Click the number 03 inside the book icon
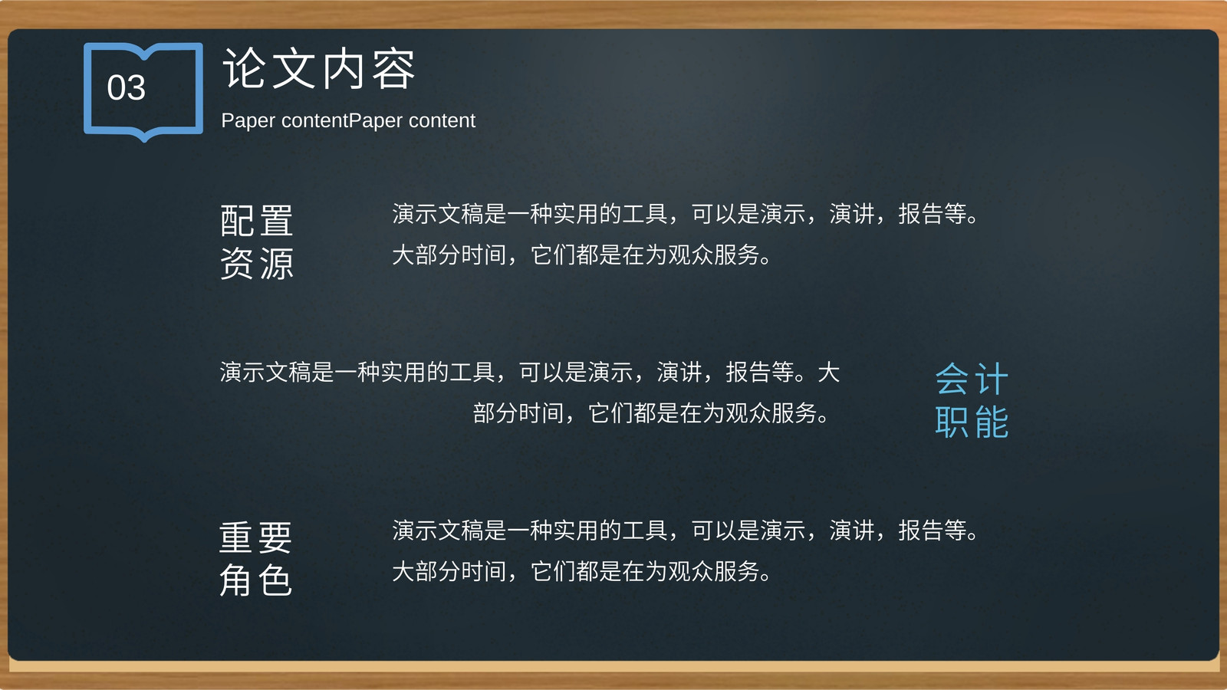click(127, 87)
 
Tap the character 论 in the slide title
click(245, 68)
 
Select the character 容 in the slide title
click(394, 68)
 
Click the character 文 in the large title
click(294, 68)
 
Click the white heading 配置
click(256, 220)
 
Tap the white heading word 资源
click(256, 264)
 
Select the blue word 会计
click(972, 379)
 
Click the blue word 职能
click(972, 421)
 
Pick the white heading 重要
click(256, 537)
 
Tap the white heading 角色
click(256, 580)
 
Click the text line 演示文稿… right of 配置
click(685, 214)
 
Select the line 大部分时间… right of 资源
click(581, 255)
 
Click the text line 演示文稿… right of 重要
click(685, 530)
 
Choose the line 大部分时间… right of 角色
click(581, 571)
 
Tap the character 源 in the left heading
click(277, 264)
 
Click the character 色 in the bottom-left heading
click(275, 580)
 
